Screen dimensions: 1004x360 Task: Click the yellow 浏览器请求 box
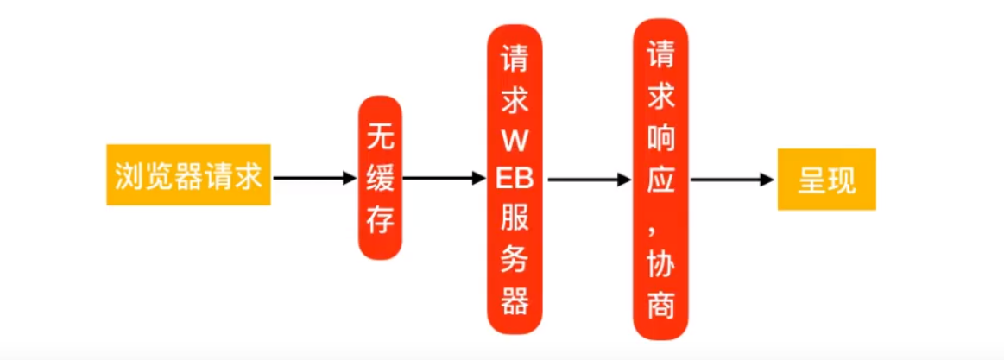[x=188, y=175]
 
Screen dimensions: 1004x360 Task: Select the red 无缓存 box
[x=381, y=178]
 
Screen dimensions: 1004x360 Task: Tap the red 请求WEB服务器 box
[x=515, y=179]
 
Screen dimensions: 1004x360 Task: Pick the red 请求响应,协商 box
[x=661, y=179]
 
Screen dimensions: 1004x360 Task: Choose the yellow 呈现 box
[x=826, y=180]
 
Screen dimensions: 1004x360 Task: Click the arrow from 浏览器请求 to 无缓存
[x=314, y=178]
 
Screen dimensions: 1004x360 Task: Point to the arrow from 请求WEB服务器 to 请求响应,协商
[x=589, y=179]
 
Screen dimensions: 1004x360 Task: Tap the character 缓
[x=381, y=178]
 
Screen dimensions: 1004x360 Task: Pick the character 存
[x=381, y=219]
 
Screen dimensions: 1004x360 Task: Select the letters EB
[x=515, y=180]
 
